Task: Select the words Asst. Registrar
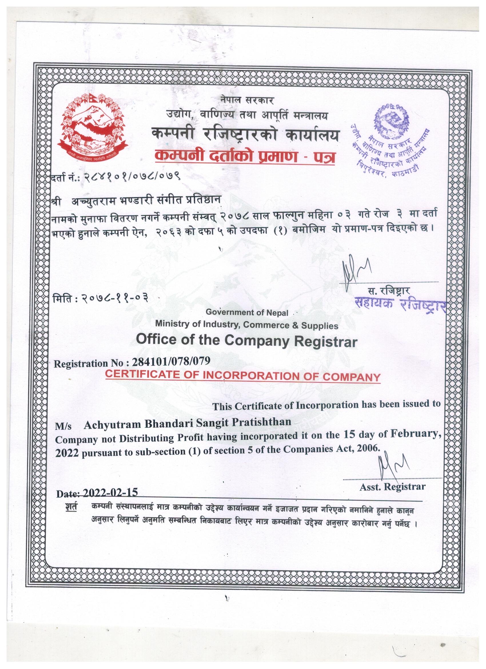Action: (392, 486)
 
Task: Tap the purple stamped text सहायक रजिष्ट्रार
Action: (400, 303)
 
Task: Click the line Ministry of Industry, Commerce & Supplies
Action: (247, 325)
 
